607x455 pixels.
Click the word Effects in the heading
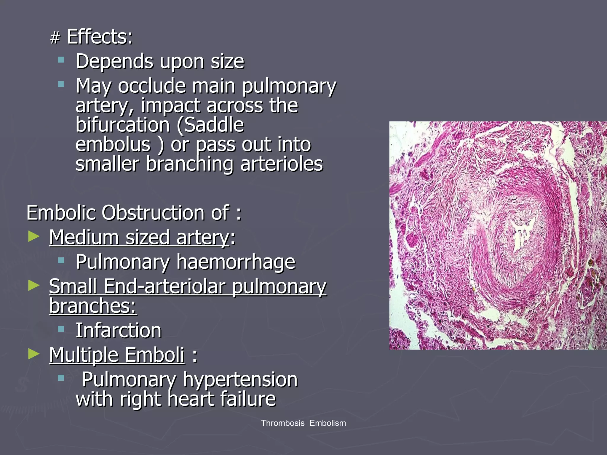click(x=100, y=37)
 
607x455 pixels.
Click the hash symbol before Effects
click(x=55, y=38)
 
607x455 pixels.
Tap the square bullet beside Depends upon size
click(x=61, y=60)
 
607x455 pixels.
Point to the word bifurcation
click(x=122, y=125)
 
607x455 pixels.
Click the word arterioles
click(x=282, y=164)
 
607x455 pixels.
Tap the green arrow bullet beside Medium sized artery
click(x=34, y=236)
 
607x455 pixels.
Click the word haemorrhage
click(x=236, y=262)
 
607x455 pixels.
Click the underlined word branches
click(x=92, y=306)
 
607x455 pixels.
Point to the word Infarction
click(x=119, y=330)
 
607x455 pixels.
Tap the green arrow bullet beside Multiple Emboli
click(x=34, y=354)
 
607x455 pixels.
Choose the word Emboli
click(x=154, y=355)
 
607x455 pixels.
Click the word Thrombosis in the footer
click(x=282, y=423)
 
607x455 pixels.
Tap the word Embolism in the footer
click(x=328, y=423)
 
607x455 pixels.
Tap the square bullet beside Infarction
click(x=61, y=329)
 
